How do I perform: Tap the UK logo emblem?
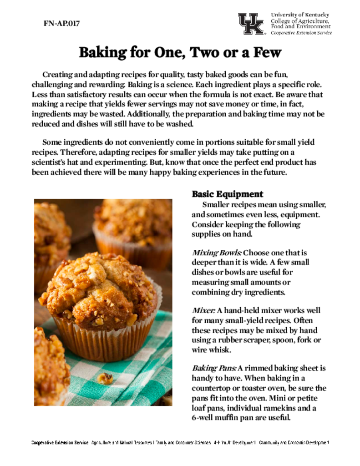tap(251, 24)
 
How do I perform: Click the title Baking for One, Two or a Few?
tap(180, 53)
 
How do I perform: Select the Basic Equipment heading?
tap(227, 194)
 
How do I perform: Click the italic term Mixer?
tap(203, 311)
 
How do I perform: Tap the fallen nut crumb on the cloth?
tap(105, 378)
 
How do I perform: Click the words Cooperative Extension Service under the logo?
tap(301, 33)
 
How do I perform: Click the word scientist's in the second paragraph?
tap(51, 162)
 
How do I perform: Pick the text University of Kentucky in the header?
tap(300, 15)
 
